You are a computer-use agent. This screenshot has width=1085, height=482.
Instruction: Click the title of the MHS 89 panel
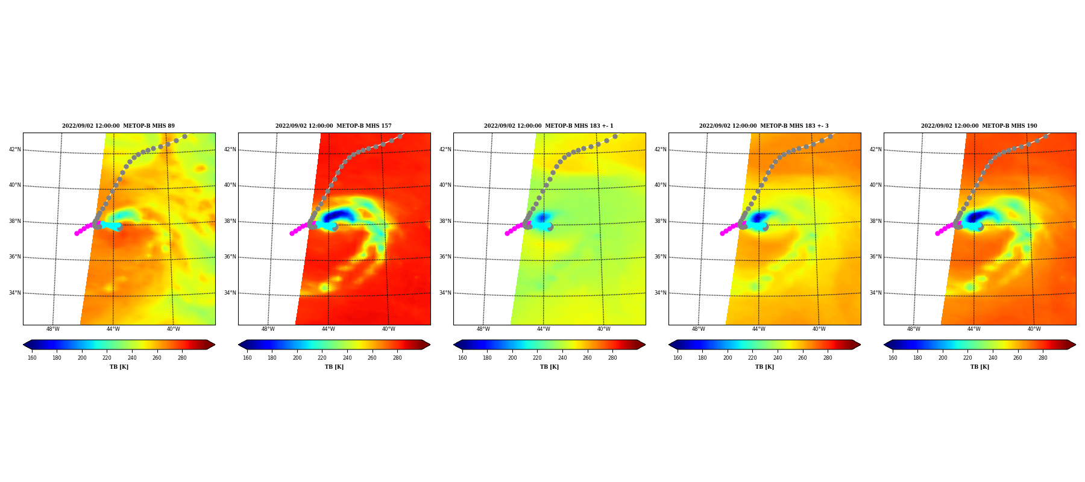pos(118,126)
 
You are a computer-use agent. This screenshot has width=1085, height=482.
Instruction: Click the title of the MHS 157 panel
pos(333,126)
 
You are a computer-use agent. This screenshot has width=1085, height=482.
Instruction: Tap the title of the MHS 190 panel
pos(979,126)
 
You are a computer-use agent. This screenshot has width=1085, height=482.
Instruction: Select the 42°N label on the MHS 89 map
pos(15,149)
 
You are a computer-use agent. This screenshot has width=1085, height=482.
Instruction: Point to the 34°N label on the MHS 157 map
pos(230,293)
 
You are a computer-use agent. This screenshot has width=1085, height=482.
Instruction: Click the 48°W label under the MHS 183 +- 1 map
pos(483,329)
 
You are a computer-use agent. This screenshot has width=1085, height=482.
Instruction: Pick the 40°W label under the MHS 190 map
pos(1034,329)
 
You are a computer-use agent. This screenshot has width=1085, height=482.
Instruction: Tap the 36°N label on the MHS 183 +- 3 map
pos(661,257)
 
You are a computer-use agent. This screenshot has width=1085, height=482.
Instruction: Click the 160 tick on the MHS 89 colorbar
pos(32,358)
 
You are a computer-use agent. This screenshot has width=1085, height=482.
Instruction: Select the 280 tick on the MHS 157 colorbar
pos(397,358)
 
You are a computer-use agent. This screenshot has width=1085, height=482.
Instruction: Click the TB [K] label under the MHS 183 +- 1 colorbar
pos(549,367)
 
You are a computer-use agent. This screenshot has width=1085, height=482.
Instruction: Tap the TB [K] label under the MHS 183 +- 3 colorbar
pos(764,367)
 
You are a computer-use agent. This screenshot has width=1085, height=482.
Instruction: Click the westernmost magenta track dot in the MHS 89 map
pos(77,233)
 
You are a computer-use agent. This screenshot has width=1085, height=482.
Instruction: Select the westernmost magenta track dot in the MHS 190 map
pos(937,233)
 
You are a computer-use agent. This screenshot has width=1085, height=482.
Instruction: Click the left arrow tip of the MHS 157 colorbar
pos(239,345)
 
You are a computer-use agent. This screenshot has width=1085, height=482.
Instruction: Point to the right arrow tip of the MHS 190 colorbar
pos(1076,345)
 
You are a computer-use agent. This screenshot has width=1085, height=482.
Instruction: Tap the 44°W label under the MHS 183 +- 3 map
pos(759,329)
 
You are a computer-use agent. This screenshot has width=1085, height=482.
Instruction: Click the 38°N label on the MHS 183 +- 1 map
pos(445,221)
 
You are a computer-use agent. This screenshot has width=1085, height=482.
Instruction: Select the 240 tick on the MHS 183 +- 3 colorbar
pos(778,358)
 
